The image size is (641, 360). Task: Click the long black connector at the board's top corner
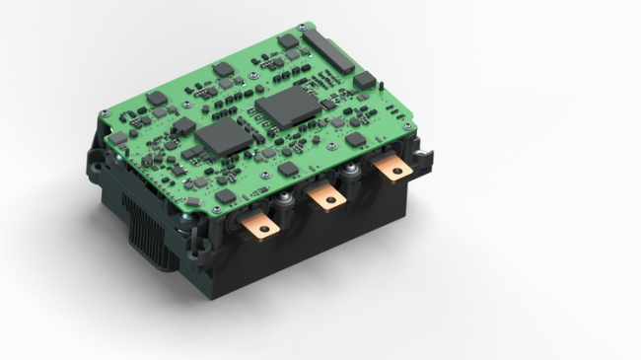tap(328, 48)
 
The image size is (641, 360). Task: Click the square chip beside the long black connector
tap(364, 80)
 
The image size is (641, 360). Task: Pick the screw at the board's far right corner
tap(406, 126)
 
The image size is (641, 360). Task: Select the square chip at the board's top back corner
tap(288, 41)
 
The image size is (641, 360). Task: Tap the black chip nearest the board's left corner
tap(118, 137)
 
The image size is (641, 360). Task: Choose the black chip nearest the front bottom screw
tap(226, 195)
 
